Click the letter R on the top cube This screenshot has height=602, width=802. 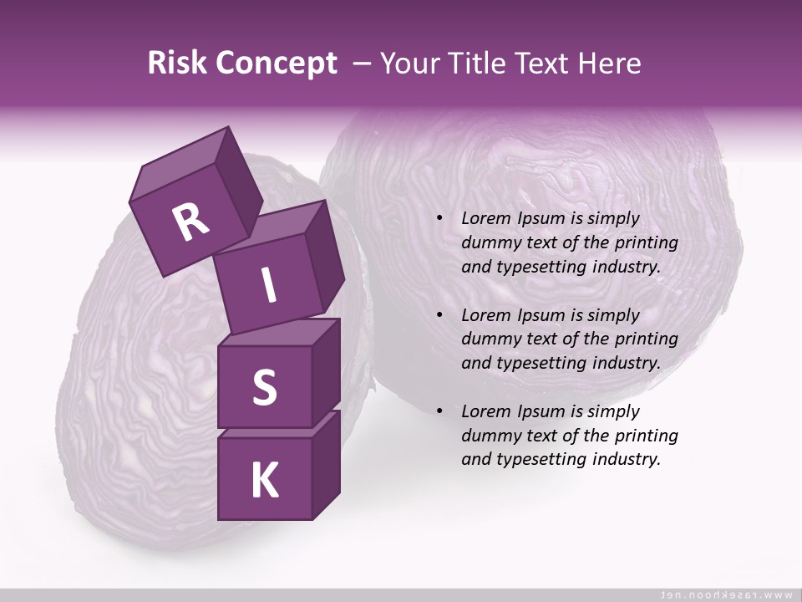(x=190, y=222)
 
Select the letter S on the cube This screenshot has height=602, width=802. (x=264, y=388)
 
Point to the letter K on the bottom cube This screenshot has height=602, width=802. (x=264, y=481)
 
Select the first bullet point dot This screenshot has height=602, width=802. (x=440, y=219)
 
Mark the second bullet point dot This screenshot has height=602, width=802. (x=440, y=316)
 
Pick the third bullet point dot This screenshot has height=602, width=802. (x=440, y=412)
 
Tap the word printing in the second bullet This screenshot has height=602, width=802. (x=646, y=339)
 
